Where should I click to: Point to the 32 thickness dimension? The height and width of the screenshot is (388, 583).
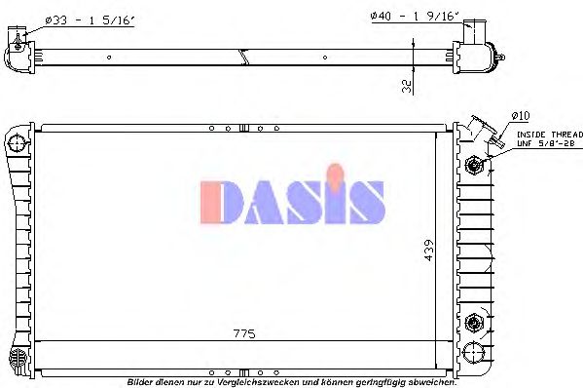click(x=405, y=84)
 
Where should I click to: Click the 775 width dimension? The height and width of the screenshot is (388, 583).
click(x=244, y=333)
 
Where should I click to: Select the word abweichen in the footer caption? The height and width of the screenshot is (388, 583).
click(x=431, y=381)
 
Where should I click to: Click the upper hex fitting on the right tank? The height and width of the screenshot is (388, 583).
click(x=474, y=166)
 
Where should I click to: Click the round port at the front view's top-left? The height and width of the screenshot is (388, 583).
click(x=17, y=144)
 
